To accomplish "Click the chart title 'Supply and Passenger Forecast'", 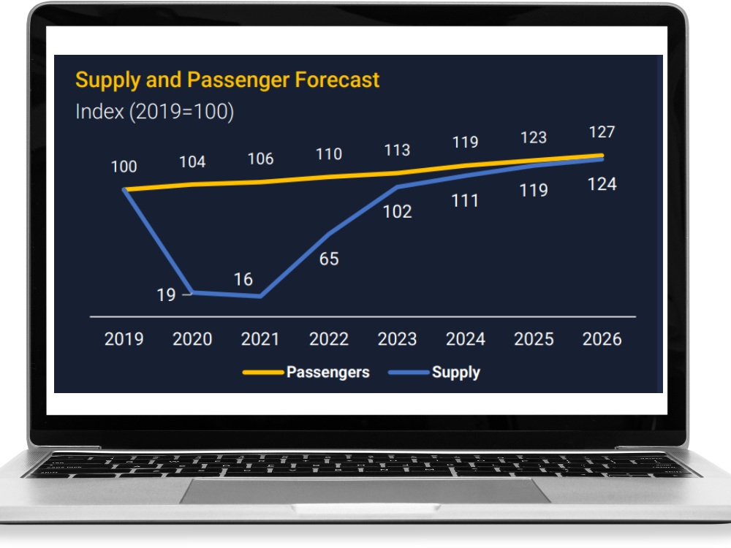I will pyautogui.click(x=227, y=80).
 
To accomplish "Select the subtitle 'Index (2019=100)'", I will pyautogui.click(x=154, y=112).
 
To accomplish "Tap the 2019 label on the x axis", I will pyautogui.click(x=124, y=339).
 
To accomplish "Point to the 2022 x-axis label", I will pyautogui.click(x=329, y=339).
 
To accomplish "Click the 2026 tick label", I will pyautogui.click(x=602, y=339).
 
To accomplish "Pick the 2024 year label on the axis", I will pyautogui.click(x=466, y=339).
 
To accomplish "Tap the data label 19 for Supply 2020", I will pyautogui.click(x=167, y=294).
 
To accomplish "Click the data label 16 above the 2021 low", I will pyautogui.click(x=243, y=279).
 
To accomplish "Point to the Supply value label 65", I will pyautogui.click(x=329, y=259).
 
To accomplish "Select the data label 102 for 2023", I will pyautogui.click(x=398, y=212).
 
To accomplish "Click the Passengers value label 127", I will pyautogui.click(x=602, y=132).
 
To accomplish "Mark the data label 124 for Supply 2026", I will pyautogui.click(x=602, y=184).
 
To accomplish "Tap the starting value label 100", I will pyautogui.click(x=124, y=167).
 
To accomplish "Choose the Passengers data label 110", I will pyautogui.click(x=329, y=154).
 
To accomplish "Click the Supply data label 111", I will pyautogui.click(x=466, y=200).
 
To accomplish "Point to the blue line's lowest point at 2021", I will pyautogui.click(x=260, y=296).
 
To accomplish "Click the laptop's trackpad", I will pyautogui.click(x=365, y=491).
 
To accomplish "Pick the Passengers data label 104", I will pyautogui.click(x=192, y=162).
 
